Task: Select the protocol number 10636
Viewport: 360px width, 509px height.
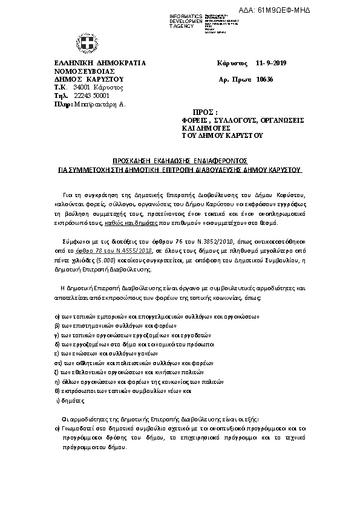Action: [x=265, y=79]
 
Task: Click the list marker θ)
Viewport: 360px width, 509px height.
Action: [x=57, y=391]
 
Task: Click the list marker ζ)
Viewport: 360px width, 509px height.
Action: [x=57, y=373]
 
